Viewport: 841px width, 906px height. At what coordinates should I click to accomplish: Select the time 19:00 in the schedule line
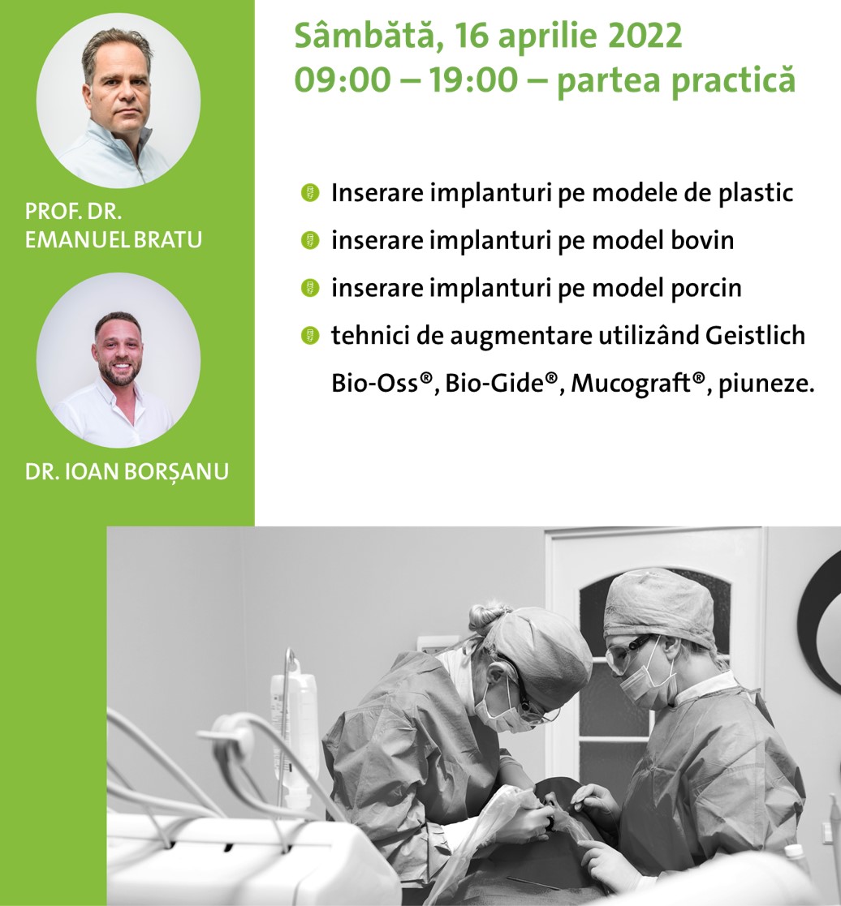coord(473,79)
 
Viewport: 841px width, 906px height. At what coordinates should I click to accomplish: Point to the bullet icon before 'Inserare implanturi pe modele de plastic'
coord(311,193)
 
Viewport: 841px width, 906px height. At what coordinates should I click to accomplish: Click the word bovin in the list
coord(702,240)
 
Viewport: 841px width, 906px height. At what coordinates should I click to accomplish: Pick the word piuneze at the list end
coord(766,384)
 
